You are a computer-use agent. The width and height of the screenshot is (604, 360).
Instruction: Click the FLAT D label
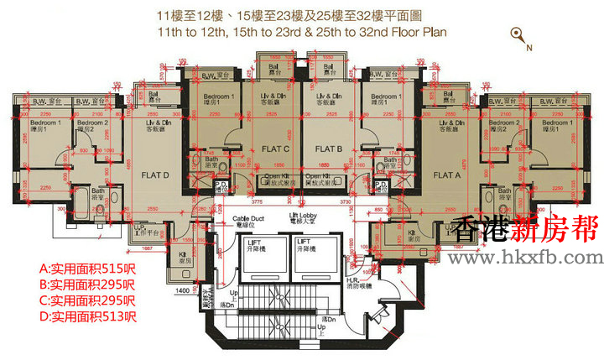pyautogui.click(x=155, y=176)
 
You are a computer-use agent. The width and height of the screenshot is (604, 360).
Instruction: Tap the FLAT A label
pyautogui.click(x=446, y=176)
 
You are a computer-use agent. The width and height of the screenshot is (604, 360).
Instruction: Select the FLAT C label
pyautogui.click(x=274, y=149)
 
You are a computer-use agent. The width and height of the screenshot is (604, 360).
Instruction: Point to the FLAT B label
pyautogui.click(x=329, y=149)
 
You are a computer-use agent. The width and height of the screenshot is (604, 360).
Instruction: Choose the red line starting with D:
pyautogui.click(x=87, y=316)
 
